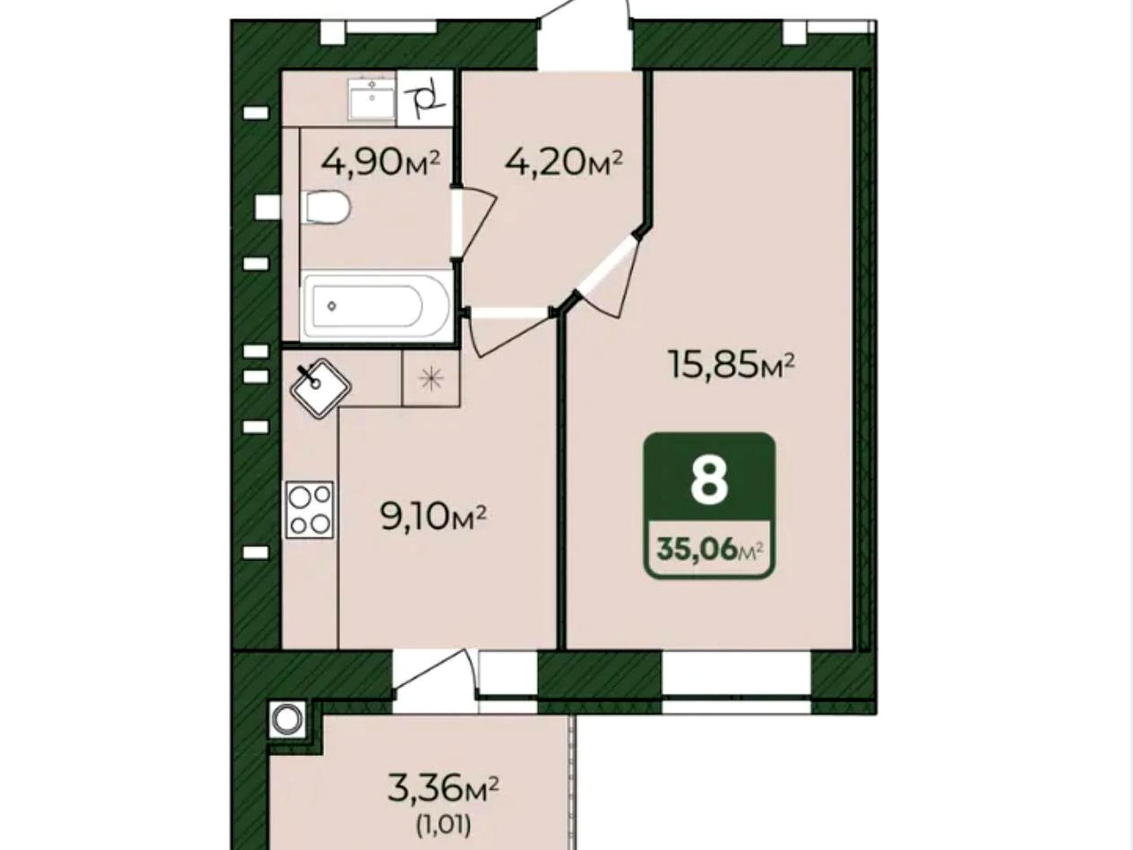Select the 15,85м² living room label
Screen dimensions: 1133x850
[x=732, y=364]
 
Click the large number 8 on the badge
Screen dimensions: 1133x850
[x=709, y=481]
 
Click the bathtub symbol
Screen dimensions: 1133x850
[x=375, y=306]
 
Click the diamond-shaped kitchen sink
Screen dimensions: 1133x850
[x=320, y=388]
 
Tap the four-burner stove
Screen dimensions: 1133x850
[x=310, y=509]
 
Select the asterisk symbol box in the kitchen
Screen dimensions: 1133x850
[x=431, y=378]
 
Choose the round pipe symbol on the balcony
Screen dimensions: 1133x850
[x=287, y=720]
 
